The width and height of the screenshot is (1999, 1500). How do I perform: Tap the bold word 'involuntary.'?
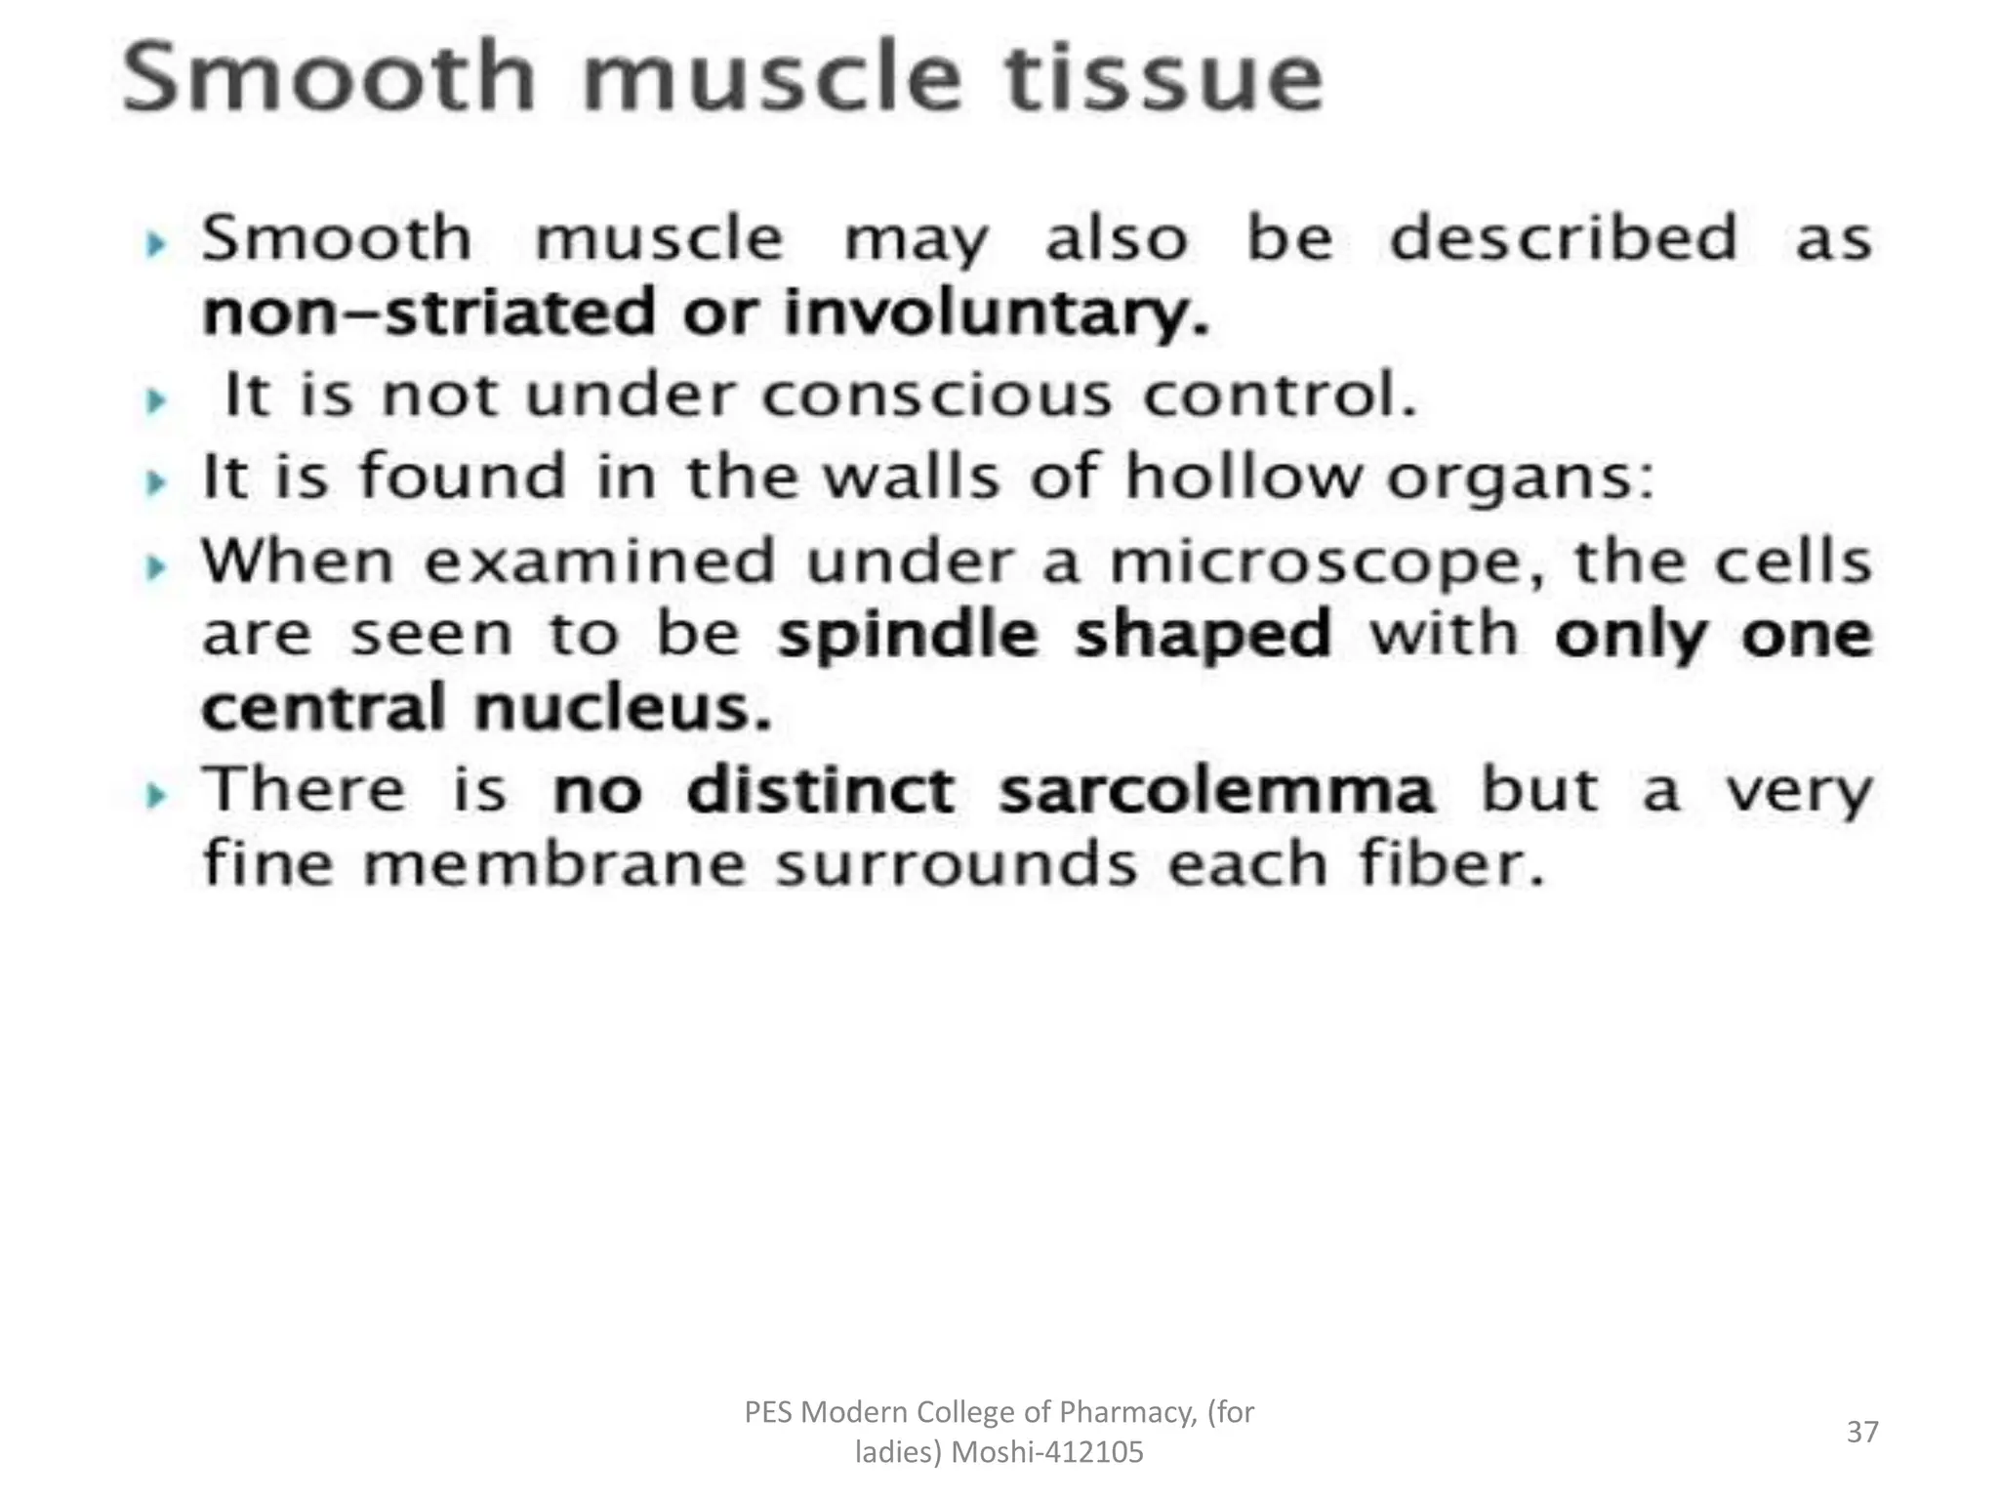click(997, 314)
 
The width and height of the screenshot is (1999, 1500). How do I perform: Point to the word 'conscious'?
click(936, 396)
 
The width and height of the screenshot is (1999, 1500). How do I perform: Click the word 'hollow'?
click(1243, 478)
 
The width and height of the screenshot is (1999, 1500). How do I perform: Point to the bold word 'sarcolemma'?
click(1216, 791)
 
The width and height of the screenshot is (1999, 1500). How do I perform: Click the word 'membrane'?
click(553, 865)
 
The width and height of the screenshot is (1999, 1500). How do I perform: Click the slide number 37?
click(1861, 1432)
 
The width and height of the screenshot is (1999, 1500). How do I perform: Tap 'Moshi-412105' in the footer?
click(1046, 1453)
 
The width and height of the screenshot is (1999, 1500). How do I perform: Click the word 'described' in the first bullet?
click(1563, 238)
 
